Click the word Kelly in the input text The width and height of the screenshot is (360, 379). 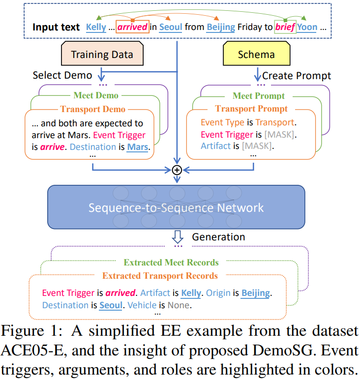[x=96, y=27]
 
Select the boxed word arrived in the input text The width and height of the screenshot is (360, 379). [x=132, y=27]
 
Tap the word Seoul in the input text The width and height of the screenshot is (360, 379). [x=171, y=27]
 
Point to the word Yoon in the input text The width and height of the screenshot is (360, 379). [x=307, y=27]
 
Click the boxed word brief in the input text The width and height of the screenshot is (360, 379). [x=285, y=27]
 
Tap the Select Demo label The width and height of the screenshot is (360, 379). [x=62, y=75]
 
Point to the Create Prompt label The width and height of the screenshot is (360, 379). [x=297, y=76]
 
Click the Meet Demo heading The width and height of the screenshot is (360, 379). [x=96, y=95]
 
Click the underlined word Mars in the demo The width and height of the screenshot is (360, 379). [x=137, y=146]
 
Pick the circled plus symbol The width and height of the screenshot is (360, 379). [x=177, y=170]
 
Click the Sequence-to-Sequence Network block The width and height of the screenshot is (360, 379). [x=176, y=207]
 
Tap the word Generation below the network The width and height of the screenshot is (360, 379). [x=218, y=237]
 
